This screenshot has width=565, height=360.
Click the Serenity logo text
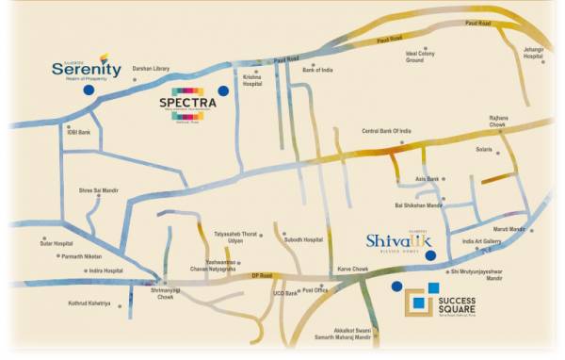pyautogui.click(x=86, y=69)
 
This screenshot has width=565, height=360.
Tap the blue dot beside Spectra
pyautogui.click(x=224, y=91)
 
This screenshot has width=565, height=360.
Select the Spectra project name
pyautogui.click(x=187, y=103)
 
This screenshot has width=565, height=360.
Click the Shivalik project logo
pyautogui.click(x=396, y=242)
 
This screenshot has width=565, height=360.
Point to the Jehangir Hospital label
pyautogui.click(x=534, y=56)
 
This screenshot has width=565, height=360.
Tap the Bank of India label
pyautogui.click(x=317, y=70)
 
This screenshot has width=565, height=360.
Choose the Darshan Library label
pyautogui.click(x=150, y=68)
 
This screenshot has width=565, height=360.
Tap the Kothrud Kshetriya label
pyautogui.click(x=90, y=303)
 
